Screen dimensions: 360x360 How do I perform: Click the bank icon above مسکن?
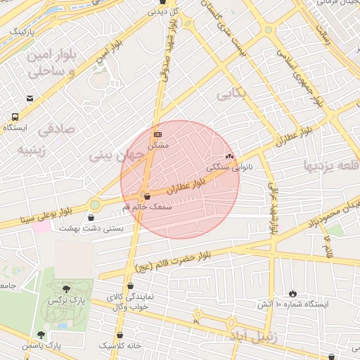coord(157,133)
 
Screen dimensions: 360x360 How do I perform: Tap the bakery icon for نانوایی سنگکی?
coord(229,156)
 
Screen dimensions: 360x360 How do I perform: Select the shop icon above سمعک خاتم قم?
coord(146,197)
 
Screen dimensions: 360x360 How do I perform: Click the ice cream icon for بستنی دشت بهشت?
coord(90,217)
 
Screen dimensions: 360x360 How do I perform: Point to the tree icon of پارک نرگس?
coord(66,288)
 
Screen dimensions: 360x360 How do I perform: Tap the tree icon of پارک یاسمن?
coord(41,335)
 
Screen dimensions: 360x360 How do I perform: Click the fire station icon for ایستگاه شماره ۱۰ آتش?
coord(292,293)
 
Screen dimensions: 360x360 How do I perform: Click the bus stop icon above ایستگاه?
coord(15,117)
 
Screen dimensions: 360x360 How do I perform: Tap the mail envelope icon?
coord(30,99)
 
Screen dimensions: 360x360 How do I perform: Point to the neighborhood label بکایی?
coord(233,94)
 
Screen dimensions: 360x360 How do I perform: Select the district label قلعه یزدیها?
coord(330,165)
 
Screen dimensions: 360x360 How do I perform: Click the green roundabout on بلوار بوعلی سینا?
coord(95,205)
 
